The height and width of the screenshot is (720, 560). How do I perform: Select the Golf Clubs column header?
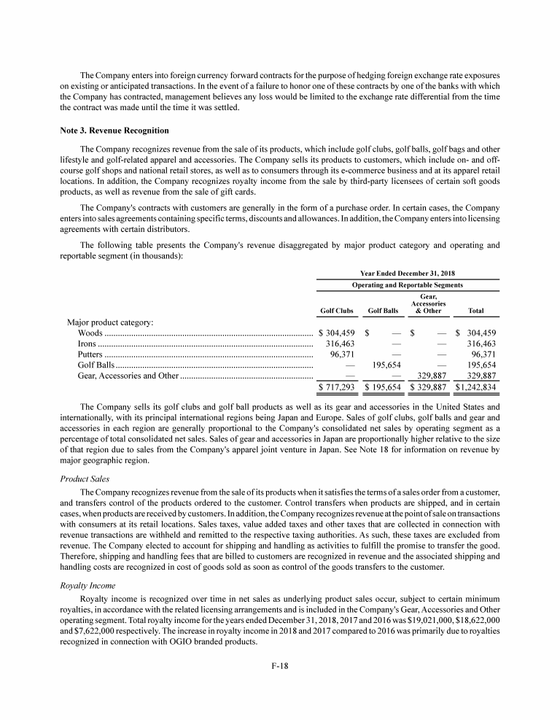(337, 311)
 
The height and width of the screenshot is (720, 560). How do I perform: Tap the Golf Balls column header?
(384, 311)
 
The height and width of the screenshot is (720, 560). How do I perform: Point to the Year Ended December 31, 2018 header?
(408, 272)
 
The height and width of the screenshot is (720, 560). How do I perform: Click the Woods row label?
(90, 333)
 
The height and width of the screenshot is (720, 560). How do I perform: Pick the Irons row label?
(87, 344)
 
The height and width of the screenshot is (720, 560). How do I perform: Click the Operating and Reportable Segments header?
(408, 284)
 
